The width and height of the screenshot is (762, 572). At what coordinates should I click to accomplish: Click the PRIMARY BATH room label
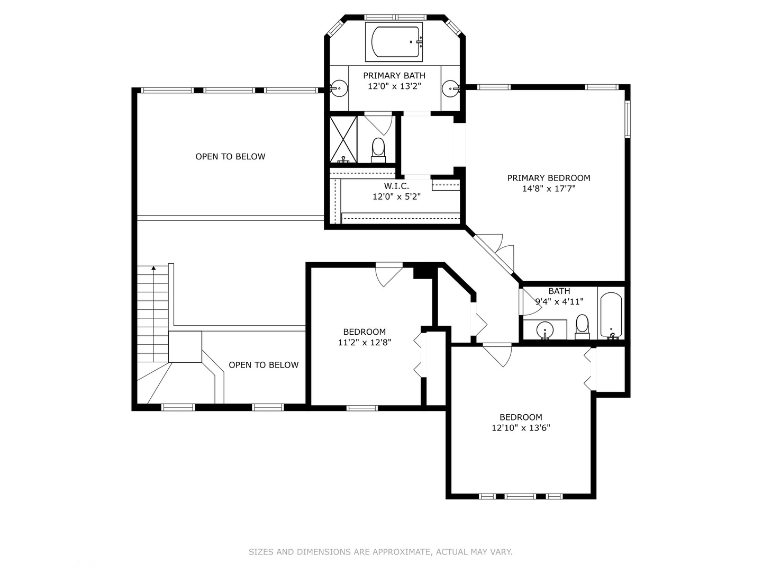point(394,75)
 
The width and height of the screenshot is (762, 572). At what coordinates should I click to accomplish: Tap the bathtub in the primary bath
point(394,42)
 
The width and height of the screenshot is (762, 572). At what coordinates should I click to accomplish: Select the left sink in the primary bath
point(338,88)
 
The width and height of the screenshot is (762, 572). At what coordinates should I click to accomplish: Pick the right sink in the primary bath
point(451,88)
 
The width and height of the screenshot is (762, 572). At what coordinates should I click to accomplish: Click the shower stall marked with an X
point(343,139)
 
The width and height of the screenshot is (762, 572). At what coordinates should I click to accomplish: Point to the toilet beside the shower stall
point(378,150)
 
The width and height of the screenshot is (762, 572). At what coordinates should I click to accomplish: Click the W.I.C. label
point(396,186)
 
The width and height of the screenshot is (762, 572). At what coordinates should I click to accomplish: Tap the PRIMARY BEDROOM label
point(549,178)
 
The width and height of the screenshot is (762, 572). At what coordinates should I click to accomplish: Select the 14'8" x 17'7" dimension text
point(549,189)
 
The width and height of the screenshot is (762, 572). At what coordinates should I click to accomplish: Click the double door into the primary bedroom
point(494,255)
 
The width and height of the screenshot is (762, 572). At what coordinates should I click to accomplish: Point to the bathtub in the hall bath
point(611,315)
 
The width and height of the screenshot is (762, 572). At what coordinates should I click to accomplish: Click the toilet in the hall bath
point(582,326)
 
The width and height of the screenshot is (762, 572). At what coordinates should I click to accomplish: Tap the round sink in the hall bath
point(545,329)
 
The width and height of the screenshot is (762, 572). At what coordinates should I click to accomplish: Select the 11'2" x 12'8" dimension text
point(365,343)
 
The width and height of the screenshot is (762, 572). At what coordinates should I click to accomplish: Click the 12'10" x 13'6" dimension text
point(521,427)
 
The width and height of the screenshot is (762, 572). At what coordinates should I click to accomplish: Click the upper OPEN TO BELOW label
point(230,157)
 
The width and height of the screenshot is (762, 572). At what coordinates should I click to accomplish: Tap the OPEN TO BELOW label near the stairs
point(264,365)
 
